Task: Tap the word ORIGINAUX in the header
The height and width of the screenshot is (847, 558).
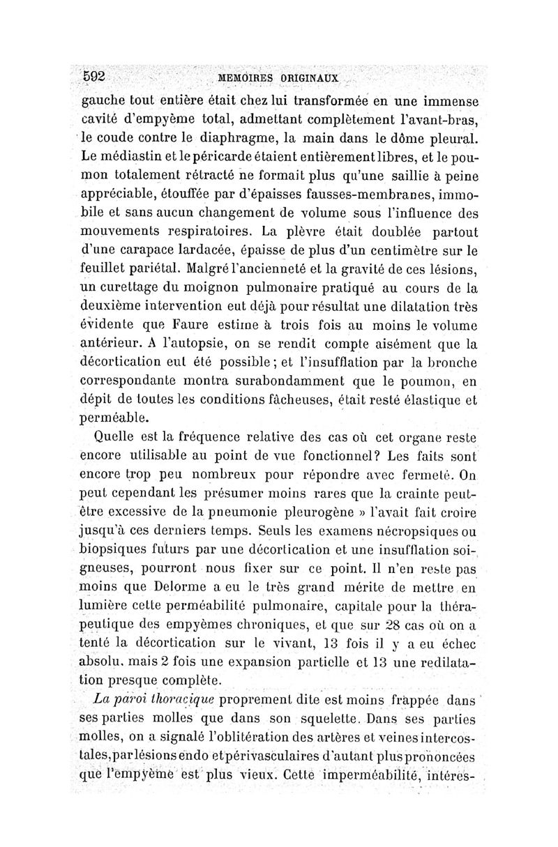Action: point(310,77)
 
